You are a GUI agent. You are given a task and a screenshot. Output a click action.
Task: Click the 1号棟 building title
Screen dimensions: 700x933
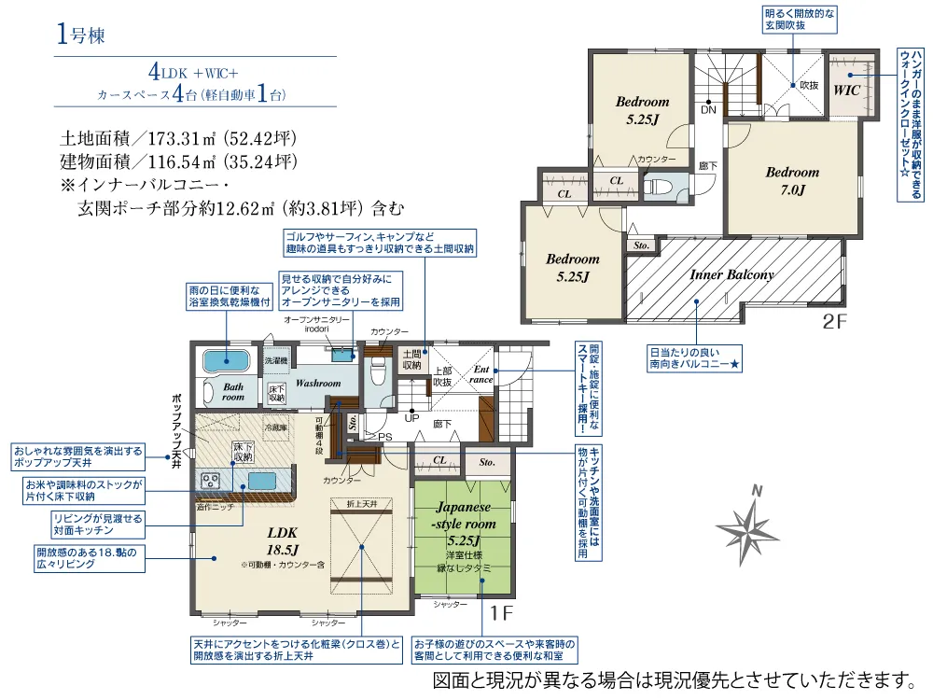81,36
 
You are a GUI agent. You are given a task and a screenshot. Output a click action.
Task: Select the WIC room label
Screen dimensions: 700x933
846,91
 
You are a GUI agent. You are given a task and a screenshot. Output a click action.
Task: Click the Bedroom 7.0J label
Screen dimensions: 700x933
792,180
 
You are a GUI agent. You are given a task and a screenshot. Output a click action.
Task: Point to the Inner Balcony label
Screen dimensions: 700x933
731,275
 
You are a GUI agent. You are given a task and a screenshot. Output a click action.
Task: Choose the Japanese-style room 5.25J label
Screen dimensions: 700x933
464,524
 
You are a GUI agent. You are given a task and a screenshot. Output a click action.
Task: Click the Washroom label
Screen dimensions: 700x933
319,384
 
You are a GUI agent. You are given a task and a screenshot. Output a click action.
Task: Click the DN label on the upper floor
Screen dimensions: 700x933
708,109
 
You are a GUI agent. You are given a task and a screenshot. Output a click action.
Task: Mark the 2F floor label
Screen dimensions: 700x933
833,323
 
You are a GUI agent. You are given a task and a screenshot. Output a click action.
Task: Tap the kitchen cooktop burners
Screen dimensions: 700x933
208,481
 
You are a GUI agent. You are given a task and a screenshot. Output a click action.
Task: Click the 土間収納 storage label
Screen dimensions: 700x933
411,359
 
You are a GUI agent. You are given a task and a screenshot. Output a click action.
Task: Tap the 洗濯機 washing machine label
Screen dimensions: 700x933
275,359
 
